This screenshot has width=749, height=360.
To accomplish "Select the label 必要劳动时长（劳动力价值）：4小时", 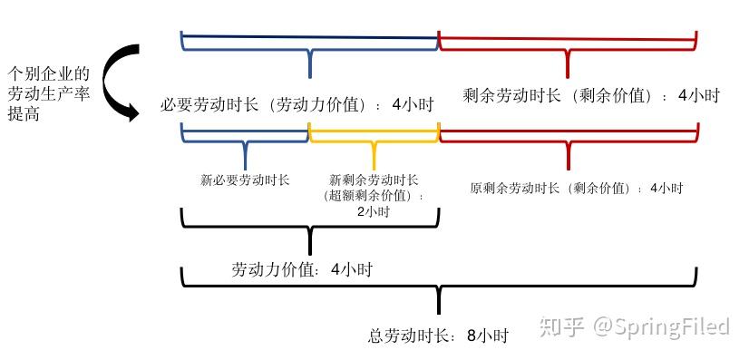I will (x=295, y=104).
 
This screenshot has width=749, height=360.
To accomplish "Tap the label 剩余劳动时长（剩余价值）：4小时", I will (x=590, y=95).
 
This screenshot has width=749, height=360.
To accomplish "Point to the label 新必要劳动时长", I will (x=245, y=180).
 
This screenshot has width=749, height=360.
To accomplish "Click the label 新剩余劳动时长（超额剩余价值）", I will (x=374, y=188).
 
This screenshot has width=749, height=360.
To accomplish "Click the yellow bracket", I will (x=374, y=141).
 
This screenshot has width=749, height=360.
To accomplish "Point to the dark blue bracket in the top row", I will (x=310, y=45).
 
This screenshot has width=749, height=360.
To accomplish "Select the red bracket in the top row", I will (x=568, y=45).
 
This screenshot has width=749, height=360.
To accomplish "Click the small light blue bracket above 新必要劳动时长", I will (x=245, y=141).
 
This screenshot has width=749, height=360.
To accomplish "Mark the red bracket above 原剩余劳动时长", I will (x=568, y=141).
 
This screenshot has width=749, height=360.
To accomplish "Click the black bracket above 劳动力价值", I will (x=310, y=226).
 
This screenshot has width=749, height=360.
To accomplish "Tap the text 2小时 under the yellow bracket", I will (x=373, y=212).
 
